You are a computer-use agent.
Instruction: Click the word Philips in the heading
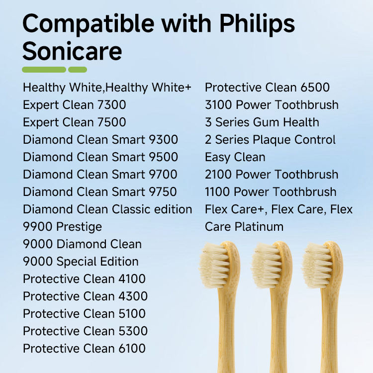tap(257, 24)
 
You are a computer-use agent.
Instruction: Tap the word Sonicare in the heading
tap(72, 51)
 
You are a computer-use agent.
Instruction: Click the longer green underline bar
tap(44, 70)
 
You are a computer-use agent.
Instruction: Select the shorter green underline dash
tap(78, 70)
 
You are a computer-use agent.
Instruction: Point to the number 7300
tap(111, 105)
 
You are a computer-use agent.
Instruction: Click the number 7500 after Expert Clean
tap(111, 122)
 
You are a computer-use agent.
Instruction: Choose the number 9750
tap(163, 192)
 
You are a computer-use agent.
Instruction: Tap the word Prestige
tap(79, 227)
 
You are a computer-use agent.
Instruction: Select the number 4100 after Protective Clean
tap(132, 279)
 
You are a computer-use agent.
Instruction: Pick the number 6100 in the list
tap(132, 349)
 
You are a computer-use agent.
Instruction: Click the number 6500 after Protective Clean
tap(315, 88)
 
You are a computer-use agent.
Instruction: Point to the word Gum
tap(266, 122)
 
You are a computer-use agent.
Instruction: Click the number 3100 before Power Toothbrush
tap(218, 105)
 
